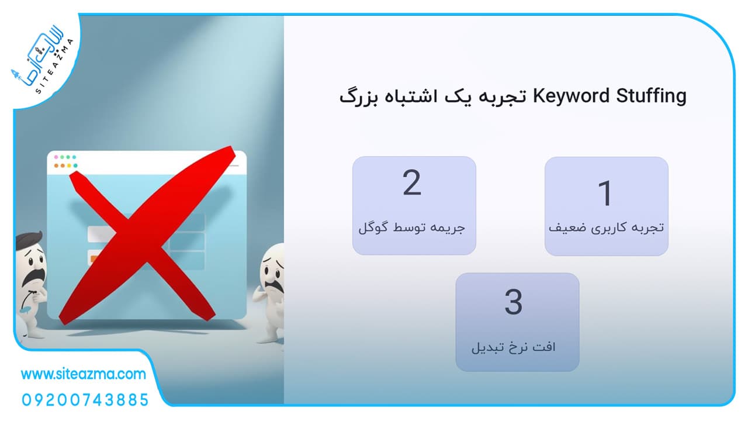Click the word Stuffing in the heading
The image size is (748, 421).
click(x=652, y=96)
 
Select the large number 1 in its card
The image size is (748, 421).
click(x=605, y=193)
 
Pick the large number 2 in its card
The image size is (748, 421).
click(x=412, y=182)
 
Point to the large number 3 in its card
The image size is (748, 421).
click(x=513, y=302)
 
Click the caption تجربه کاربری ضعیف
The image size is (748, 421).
click(x=606, y=228)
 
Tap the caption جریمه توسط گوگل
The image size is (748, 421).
click(x=412, y=228)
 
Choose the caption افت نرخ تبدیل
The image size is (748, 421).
click(x=513, y=347)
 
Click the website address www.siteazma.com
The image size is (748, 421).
click(x=84, y=374)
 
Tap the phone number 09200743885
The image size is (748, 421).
click(x=85, y=400)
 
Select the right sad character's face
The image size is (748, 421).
click(x=273, y=271)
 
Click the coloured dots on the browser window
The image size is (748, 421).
click(x=66, y=161)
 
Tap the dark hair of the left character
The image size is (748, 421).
click(x=29, y=239)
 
